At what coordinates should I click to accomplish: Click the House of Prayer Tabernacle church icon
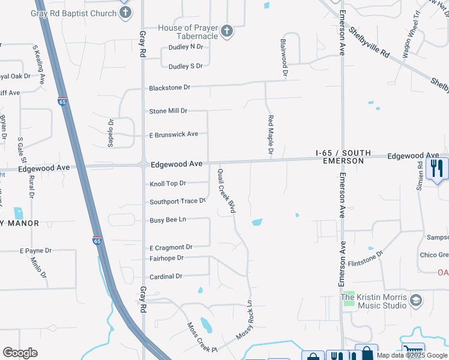[x=227, y=31]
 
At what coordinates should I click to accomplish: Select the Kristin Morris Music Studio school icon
[x=416, y=299]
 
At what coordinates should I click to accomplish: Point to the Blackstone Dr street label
[x=170, y=88]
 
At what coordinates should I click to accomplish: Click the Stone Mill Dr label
[x=169, y=111]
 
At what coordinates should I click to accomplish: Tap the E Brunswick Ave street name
[x=173, y=134]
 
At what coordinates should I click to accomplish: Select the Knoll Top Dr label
[x=167, y=183]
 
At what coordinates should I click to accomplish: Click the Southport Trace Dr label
[x=178, y=202]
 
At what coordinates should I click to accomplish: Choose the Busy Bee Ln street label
[x=167, y=220]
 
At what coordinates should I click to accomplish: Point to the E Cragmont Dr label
[x=170, y=247]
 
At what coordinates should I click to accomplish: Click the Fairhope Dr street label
[x=166, y=258]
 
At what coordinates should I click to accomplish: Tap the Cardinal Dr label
[x=166, y=277]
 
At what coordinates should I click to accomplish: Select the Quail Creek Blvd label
[x=226, y=191]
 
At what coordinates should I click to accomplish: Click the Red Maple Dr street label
[x=271, y=136]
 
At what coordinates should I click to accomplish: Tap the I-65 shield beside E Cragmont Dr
[x=97, y=241]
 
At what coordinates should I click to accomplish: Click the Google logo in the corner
[x=20, y=353]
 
